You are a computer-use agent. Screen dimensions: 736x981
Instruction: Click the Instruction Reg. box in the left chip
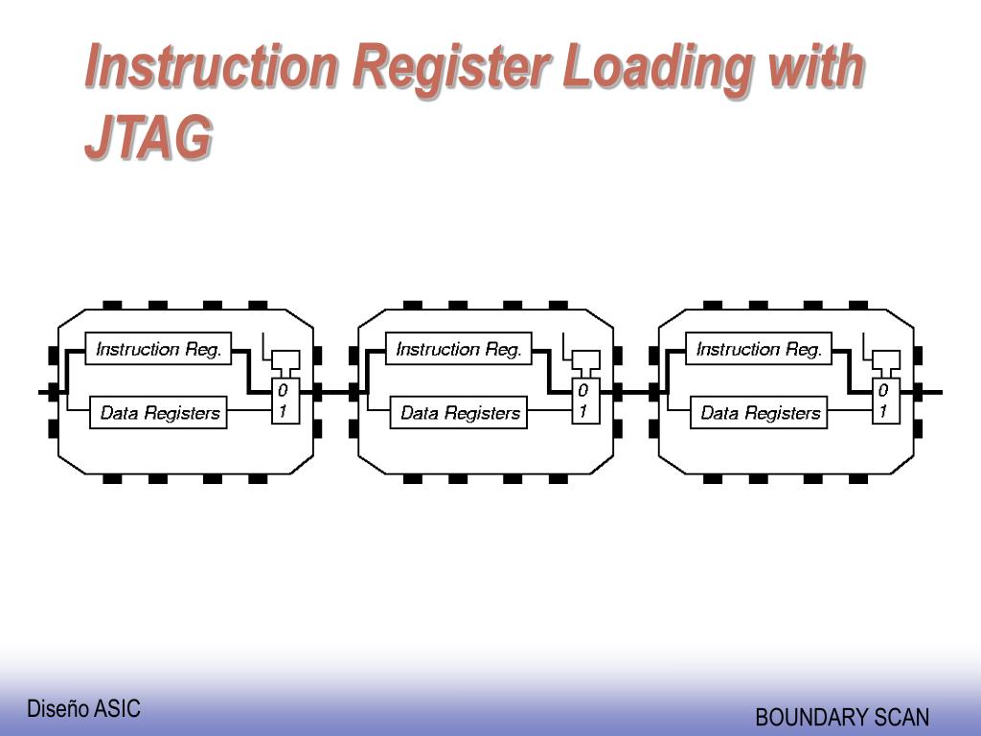(159, 349)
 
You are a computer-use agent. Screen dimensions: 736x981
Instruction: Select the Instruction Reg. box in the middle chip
(459, 349)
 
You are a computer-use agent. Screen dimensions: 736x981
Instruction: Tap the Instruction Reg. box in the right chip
(759, 349)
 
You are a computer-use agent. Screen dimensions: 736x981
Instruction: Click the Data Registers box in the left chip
(159, 413)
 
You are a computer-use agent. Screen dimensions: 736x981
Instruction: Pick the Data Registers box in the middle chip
(459, 413)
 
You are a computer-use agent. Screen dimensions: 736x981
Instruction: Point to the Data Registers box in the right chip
(760, 413)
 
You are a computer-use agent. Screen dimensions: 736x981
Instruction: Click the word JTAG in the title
(148, 137)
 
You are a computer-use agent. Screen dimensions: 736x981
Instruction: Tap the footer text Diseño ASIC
(83, 709)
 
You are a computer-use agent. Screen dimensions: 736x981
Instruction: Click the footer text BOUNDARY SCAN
(842, 717)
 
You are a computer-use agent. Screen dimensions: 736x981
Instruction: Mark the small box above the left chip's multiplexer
(285, 359)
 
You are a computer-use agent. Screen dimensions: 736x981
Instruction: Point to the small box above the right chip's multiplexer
(885, 359)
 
